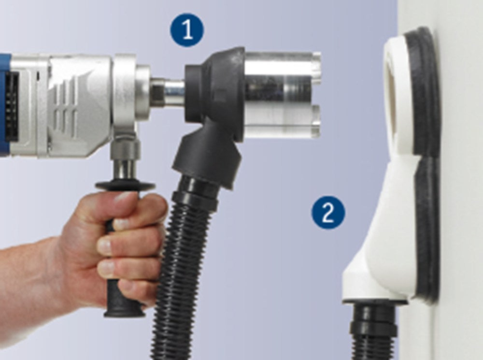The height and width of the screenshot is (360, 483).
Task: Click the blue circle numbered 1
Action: tap(187, 30)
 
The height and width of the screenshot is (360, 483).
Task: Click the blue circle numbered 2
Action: tap(328, 213)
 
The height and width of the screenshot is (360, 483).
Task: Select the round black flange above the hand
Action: tap(125, 185)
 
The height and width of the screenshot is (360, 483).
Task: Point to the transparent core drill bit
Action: tap(283, 95)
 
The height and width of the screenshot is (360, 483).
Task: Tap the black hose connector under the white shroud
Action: tap(374, 330)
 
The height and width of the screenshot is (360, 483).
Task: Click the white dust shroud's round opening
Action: tap(398, 101)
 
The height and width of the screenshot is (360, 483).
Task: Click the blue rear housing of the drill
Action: tap(4, 105)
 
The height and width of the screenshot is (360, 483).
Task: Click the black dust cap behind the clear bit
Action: tap(215, 92)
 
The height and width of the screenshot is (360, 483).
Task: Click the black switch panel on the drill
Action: tap(12, 106)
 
